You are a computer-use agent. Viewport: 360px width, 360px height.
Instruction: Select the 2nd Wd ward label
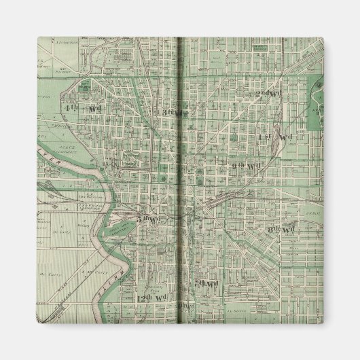[x=270, y=94]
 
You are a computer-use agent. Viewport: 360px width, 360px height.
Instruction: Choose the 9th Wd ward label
[x=246, y=166]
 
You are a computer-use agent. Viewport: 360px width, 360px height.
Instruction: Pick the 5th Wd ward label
[x=144, y=219]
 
